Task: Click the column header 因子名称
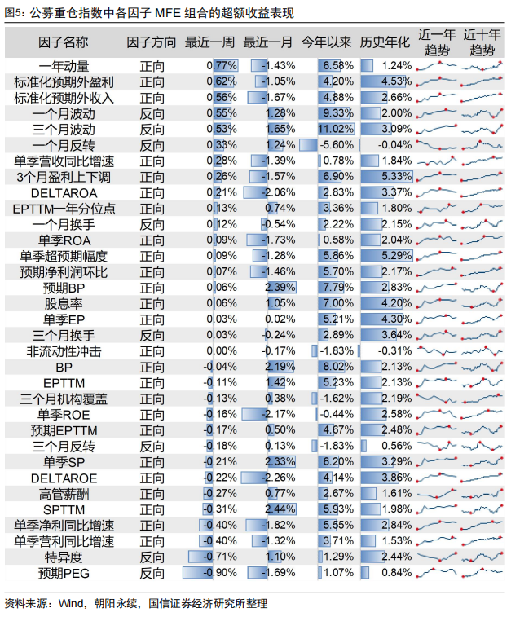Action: click(x=64, y=42)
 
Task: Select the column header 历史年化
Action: click(x=385, y=42)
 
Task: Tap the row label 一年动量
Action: click(x=64, y=65)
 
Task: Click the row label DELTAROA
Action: click(x=64, y=192)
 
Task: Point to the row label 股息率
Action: click(x=64, y=303)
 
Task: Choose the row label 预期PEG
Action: click(x=64, y=573)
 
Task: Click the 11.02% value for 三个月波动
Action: click(x=335, y=129)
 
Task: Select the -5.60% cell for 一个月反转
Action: click(x=335, y=145)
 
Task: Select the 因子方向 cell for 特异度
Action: click(x=152, y=557)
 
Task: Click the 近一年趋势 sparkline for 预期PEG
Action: click(x=437, y=573)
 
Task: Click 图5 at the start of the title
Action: click(x=15, y=12)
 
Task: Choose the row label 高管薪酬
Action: click(x=64, y=494)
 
